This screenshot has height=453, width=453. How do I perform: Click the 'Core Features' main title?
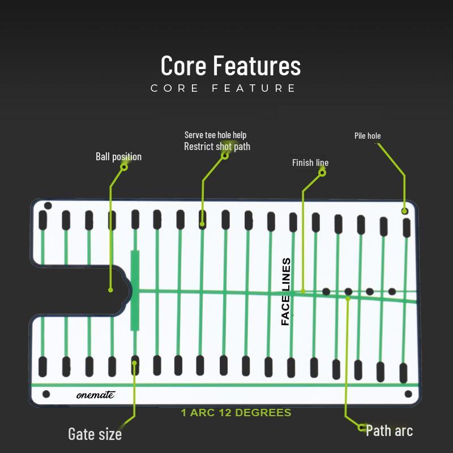[x=230, y=66]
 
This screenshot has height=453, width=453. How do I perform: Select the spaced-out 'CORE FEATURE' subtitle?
[x=223, y=88]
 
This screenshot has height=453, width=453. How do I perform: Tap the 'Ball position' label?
[x=119, y=157]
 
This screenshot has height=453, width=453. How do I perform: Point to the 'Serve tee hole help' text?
[x=216, y=135]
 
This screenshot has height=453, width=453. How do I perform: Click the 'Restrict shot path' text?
[x=217, y=147]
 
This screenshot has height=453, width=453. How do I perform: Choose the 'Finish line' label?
[x=310, y=163]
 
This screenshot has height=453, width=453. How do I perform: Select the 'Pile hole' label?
[x=367, y=136]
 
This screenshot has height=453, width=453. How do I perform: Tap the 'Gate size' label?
[x=95, y=434]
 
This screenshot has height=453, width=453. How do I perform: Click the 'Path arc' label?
[x=390, y=431]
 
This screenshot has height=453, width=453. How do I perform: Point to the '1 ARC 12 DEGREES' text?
[x=236, y=413]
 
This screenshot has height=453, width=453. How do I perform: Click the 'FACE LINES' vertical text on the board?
[x=285, y=292]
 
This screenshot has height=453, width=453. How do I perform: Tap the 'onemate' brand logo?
[x=96, y=395]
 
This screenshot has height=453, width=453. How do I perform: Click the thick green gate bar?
[x=135, y=290]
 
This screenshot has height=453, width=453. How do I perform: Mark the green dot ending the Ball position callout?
[x=110, y=290]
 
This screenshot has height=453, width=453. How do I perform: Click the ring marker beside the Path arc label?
[x=361, y=428]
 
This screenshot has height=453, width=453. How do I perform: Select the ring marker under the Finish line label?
[x=322, y=173]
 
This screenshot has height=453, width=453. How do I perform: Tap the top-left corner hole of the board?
[x=48, y=206]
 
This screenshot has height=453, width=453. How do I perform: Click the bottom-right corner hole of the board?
[x=408, y=394]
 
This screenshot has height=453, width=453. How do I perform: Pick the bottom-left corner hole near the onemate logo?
[x=46, y=394]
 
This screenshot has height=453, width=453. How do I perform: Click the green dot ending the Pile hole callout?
[x=404, y=211]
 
